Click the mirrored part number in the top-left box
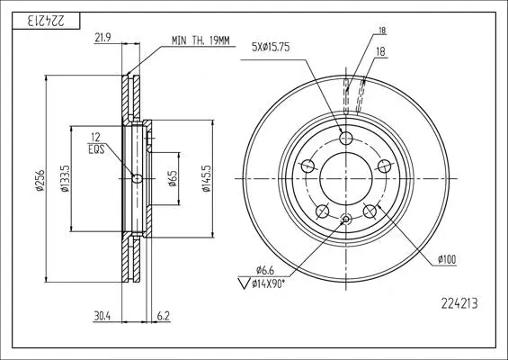coord(46,21)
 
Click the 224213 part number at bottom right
coord(459,303)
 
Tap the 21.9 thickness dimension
coord(102,38)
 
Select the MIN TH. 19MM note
coord(201,40)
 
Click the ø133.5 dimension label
coord(65,179)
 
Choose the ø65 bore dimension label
coord(173,179)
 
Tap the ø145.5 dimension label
coord(206,179)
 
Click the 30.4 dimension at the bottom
coord(102,316)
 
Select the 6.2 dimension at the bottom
coord(164,316)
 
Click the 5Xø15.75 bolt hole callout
coord(271,48)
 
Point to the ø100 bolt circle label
coord(447,259)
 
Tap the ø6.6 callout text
coord(265,269)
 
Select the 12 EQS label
coord(96,143)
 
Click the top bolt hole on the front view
coord(346,139)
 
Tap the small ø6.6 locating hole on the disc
coord(346,220)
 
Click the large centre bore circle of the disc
coord(346,152)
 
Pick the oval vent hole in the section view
coord(138,179)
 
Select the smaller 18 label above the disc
coord(382,31)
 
